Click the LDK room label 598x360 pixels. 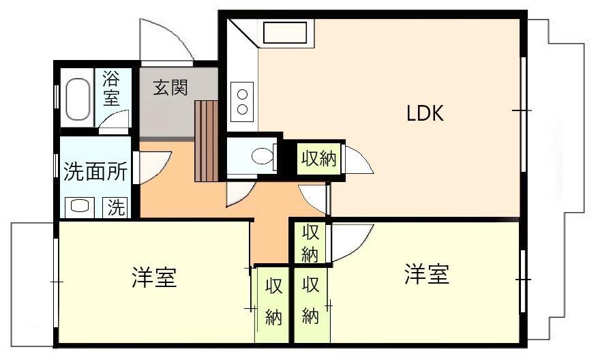pos(425,113)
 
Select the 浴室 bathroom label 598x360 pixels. pos(111,87)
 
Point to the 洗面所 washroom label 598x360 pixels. pos(95,172)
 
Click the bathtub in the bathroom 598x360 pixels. pos(78,100)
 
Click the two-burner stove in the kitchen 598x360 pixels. pos(242,100)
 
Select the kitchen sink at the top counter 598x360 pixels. pos(286,33)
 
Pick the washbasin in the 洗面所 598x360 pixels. pos(78,207)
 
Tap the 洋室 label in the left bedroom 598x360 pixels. pos(154,278)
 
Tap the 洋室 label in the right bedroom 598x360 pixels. pos(426,275)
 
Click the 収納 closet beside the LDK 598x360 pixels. pos(318,159)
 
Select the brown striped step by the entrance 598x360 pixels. pos(207,140)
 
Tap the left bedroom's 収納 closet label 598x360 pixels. pos(273,301)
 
